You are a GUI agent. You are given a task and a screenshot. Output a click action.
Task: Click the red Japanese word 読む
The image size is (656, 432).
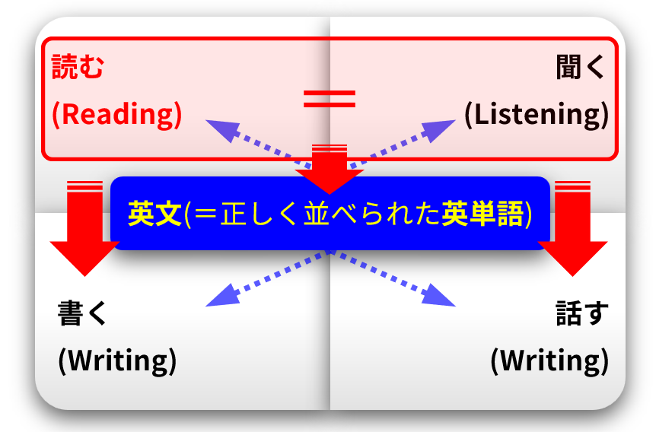click(77, 68)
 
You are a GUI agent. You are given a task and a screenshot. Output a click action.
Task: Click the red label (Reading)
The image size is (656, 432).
click(117, 114)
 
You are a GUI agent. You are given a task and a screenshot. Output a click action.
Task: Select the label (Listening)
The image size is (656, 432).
click(537, 114)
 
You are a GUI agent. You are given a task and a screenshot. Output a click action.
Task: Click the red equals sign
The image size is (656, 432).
click(330, 97)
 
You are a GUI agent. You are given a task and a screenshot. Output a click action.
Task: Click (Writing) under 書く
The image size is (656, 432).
click(117, 360)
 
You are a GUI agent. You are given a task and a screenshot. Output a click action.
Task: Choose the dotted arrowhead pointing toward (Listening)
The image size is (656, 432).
click(440, 128)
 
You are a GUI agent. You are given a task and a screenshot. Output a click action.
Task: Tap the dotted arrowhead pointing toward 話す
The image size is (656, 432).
click(443, 297)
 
